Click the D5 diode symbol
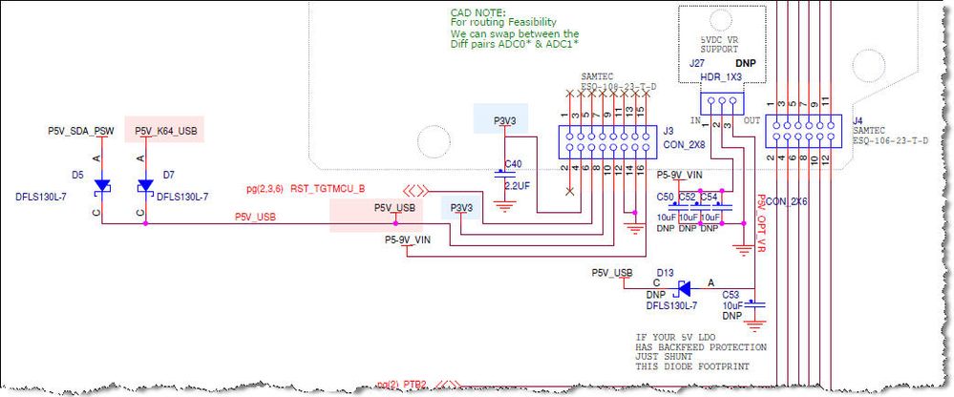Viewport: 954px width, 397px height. [x=103, y=185]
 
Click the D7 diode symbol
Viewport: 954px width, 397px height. [x=145, y=185]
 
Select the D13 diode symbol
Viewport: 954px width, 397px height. [x=684, y=287]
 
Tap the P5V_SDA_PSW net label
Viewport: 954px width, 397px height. [x=81, y=130]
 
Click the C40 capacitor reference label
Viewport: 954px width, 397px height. [x=513, y=163]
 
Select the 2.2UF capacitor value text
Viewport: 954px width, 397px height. [x=517, y=183]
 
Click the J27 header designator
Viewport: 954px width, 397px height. [x=696, y=63]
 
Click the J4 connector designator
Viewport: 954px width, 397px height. [x=858, y=120]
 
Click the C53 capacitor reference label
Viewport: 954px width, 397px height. [x=731, y=295]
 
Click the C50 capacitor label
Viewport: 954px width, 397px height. [x=665, y=196]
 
